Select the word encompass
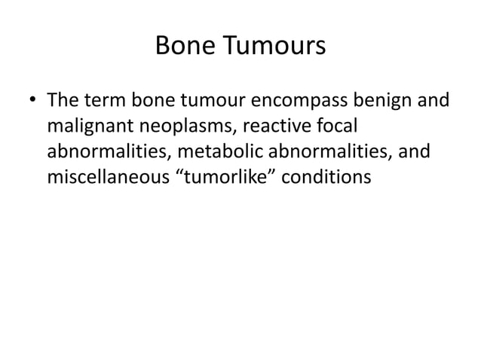pyautogui.click(x=295, y=101)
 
